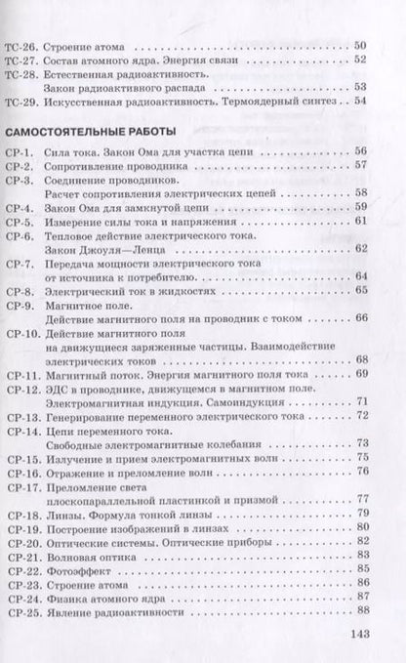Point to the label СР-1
pyautogui.click(x=20, y=152)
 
